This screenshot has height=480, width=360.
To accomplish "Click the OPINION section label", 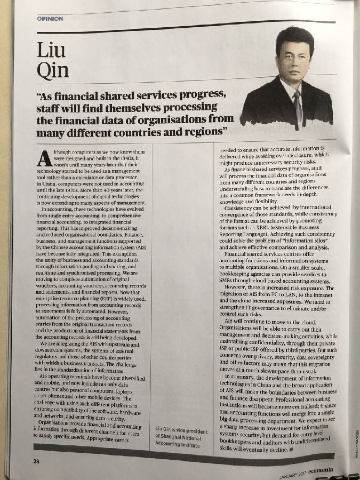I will pyautogui.click(x=50, y=19).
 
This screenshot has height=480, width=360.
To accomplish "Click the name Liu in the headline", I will pyautogui.click(x=51, y=50).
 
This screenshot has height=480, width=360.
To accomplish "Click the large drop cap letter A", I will pyautogui.click(x=46, y=159).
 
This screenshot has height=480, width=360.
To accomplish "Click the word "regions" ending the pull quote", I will pyautogui.click(x=203, y=130).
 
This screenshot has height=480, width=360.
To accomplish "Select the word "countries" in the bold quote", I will pyautogui.click(x=151, y=131).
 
